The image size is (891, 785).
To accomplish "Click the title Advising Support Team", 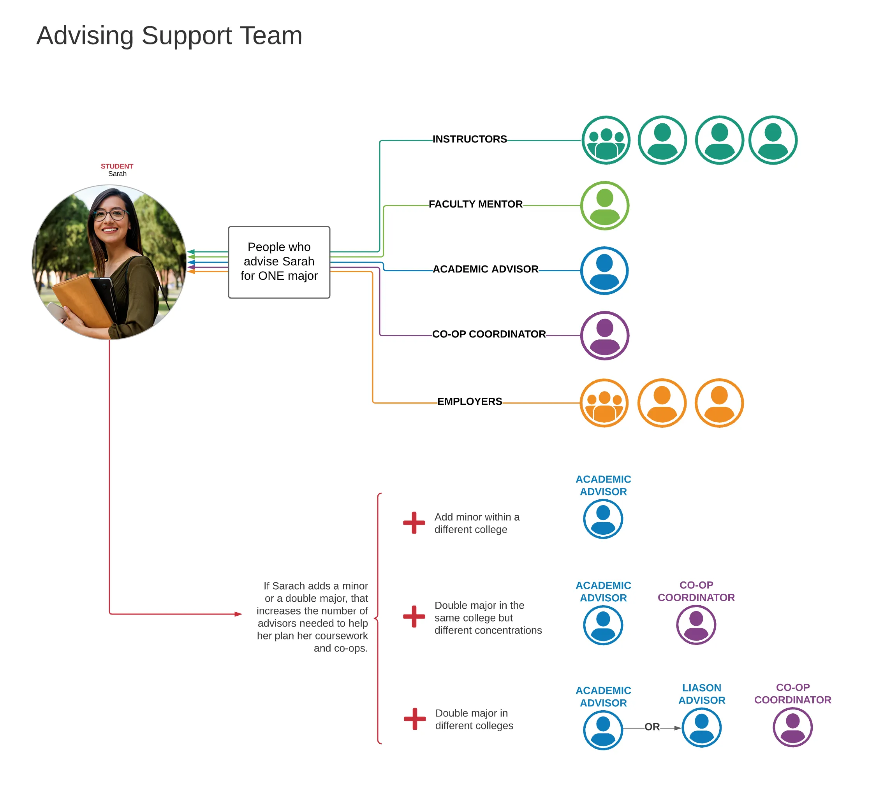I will [x=169, y=36].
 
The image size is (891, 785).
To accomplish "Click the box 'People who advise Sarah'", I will [x=279, y=262].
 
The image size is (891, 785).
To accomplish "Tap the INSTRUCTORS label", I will [x=470, y=139].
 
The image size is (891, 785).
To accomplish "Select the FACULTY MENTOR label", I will [x=475, y=204].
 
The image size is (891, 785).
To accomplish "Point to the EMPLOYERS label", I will [x=470, y=401].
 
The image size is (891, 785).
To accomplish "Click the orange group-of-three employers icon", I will [x=604, y=403].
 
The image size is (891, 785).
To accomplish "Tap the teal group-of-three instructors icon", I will [x=606, y=140].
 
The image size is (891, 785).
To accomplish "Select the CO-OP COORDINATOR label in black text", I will [x=489, y=334].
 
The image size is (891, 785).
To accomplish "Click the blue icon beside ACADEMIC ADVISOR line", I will [x=604, y=270].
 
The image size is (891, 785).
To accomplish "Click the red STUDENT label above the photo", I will [x=117, y=166].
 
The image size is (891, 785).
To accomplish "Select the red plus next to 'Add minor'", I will [x=414, y=522].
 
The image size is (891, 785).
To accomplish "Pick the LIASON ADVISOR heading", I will [x=701, y=694].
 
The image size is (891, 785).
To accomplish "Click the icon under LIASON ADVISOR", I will [x=701, y=727].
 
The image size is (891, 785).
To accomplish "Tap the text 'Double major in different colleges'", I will [x=474, y=719].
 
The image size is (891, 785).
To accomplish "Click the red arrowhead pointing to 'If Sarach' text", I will [x=238, y=614].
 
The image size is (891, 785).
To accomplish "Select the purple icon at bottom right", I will [x=792, y=727].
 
